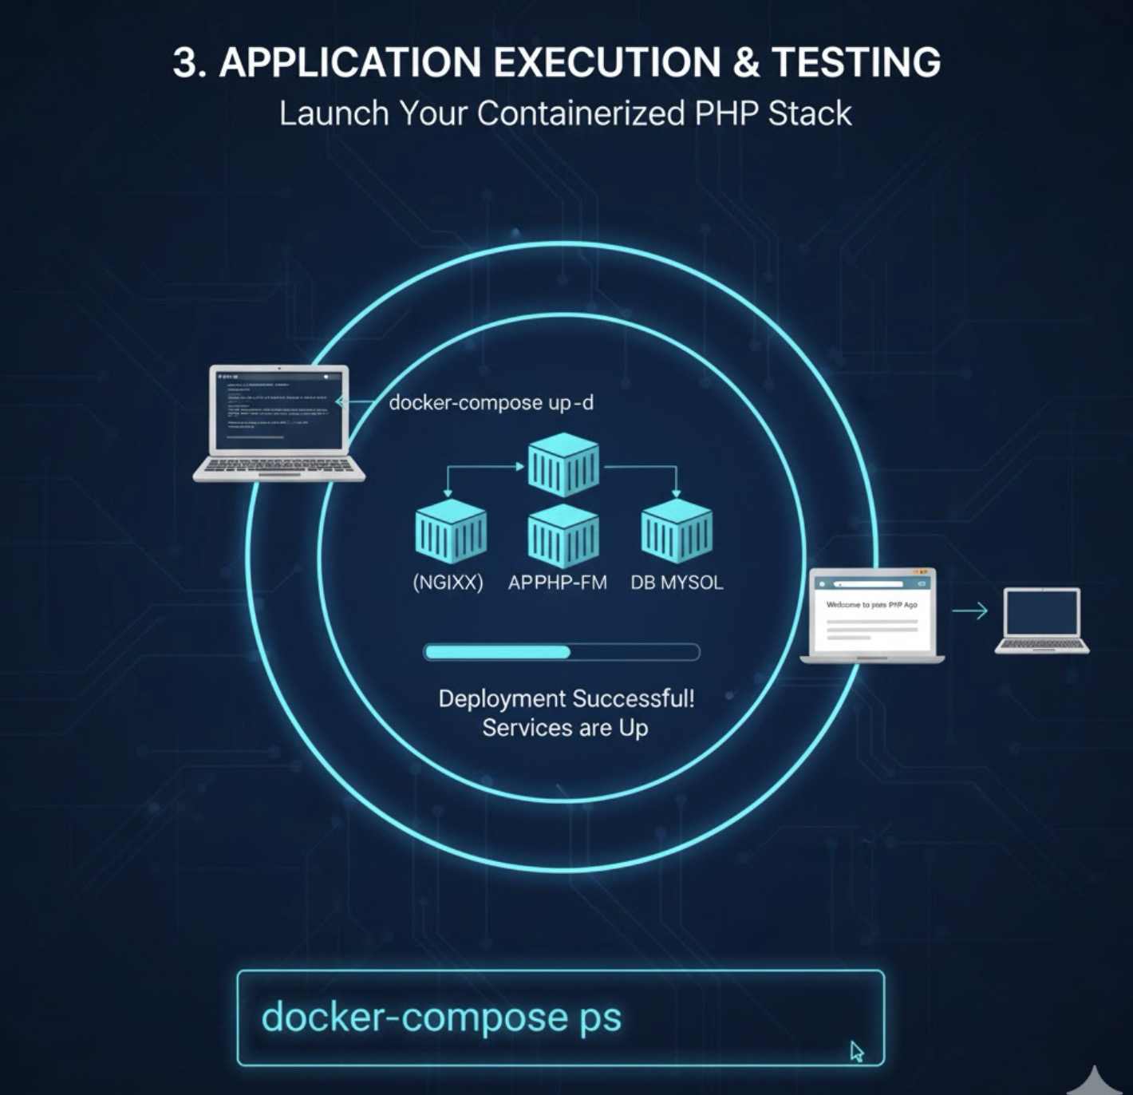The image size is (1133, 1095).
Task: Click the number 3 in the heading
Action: click(184, 62)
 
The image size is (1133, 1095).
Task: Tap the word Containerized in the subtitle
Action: click(581, 113)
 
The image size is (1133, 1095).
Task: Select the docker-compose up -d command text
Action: click(491, 402)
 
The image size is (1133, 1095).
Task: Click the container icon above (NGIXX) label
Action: click(451, 530)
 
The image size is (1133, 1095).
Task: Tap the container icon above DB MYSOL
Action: click(677, 530)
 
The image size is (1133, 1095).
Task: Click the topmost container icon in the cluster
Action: click(563, 464)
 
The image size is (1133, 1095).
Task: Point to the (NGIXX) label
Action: click(448, 583)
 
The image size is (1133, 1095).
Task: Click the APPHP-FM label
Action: click(557, 583)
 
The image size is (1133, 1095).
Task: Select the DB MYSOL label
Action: click(677, 583)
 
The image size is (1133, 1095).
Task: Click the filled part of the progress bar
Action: click(498, 652)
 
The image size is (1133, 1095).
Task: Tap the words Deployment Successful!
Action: click(566, 699)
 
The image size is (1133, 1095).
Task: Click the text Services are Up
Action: click(565, 728)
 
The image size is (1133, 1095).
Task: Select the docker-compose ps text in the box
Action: click(441, 1017)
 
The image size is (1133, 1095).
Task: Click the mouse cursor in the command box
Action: click(857, 1051)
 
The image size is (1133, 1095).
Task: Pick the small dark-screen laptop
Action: click(1041, 619)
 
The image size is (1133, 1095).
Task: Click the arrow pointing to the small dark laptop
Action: click(969, 611)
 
